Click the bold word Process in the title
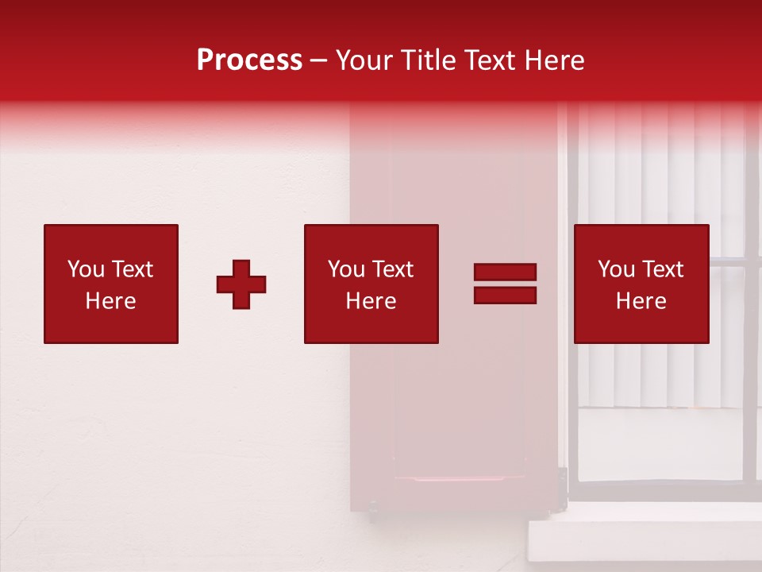(x=249, y=60)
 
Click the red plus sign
(x=241, y=284)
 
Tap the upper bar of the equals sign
(x=505, y=272)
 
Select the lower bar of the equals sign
(x=505, y=296)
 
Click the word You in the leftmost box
(x=86, y=269)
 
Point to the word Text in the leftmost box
(x=132, y=269)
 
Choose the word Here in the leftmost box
(x=110, y=301)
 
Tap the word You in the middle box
(x=346, y=269)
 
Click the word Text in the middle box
(x=392, y=269)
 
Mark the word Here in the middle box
(x=371, y=301)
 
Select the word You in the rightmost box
(x=616, y=269)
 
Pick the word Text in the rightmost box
(x=662, y=269)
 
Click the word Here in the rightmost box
(x=641, y=301)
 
